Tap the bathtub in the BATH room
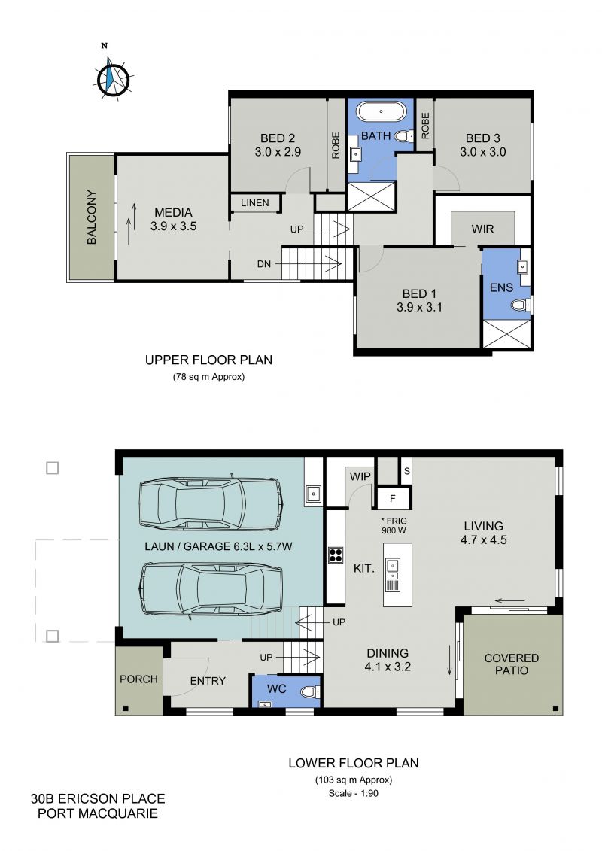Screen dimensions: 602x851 point(381,112)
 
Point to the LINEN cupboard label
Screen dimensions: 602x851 point(254,203)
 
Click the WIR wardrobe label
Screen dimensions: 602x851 point(482,229)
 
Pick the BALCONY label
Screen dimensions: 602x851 point(91,217)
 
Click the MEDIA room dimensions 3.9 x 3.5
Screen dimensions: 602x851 point(173,226)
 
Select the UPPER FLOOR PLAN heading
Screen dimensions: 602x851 point(208,360)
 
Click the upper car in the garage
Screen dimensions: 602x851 point(211,503)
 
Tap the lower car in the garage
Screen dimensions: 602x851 point(211,588)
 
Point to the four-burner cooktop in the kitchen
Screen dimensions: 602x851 point(336,555)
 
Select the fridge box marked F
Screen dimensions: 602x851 point(392,498)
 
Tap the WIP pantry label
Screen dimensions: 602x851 point(360,476)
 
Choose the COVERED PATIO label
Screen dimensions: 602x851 point(512,664)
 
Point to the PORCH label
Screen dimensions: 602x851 point(138,679)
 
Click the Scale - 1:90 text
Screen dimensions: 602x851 point(354,793)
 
